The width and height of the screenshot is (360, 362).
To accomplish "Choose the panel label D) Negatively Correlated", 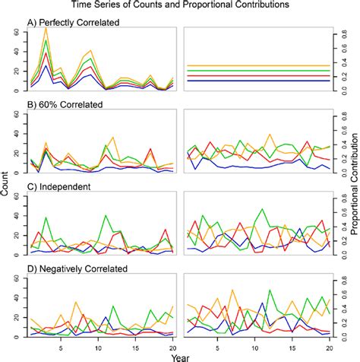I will click(73, 268).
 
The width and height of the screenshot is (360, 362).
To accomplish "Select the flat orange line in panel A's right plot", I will click(258, 66).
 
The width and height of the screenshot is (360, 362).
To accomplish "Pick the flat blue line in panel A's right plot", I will click(258, 81).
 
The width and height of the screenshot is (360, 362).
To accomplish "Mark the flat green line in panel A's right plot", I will click(258, 71).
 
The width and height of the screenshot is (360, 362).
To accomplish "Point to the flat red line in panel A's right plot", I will click(258, 75).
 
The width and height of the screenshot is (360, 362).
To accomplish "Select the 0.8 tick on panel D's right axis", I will click(339, 276).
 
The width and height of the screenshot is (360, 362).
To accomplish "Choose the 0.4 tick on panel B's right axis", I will click(339, 142).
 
